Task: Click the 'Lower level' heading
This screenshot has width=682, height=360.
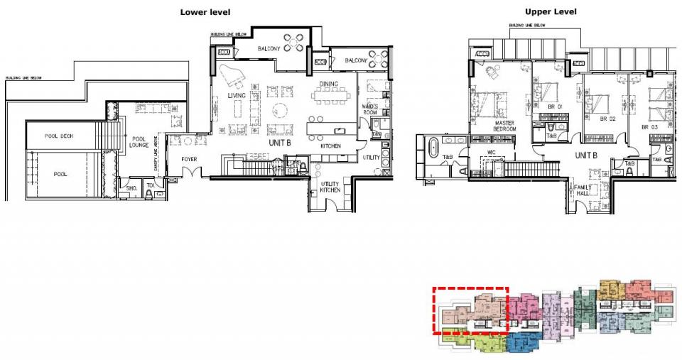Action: tap(205, 12)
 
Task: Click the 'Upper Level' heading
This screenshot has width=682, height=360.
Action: tap(551, 12)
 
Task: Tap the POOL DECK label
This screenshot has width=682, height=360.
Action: tap(59, 136)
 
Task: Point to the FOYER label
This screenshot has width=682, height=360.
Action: tap(189, 159)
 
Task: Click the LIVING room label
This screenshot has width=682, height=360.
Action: tap(237, 95)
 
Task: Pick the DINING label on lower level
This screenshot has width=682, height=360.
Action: tap(328, 84)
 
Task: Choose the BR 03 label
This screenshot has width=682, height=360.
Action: tap(651, 127)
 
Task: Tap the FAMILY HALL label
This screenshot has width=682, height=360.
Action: tap(584, 190)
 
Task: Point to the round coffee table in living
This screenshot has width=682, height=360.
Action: tap(278, 111)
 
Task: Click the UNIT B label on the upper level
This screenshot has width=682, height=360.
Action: tap(585, 156)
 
